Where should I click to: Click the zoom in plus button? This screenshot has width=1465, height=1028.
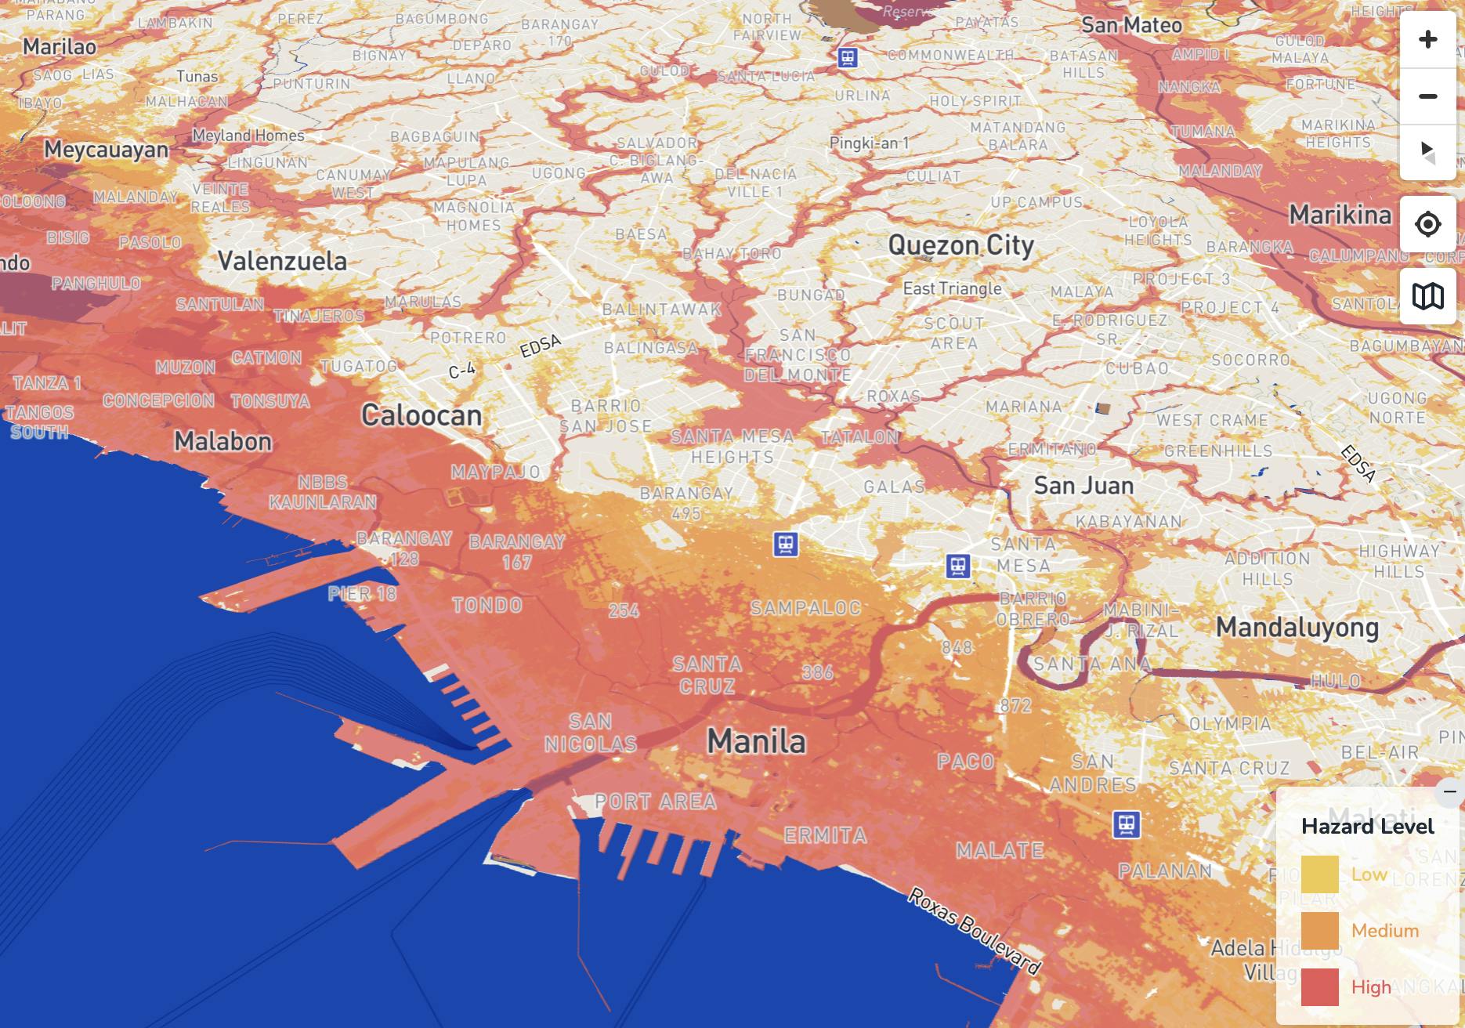(1427, 39)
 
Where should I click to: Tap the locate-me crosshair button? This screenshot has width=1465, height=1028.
(1427, 225)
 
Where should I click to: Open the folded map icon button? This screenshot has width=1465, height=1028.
(1427, 296)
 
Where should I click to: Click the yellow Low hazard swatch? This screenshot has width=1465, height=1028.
(1319, 874)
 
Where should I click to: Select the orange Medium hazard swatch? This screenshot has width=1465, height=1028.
(1319, 931)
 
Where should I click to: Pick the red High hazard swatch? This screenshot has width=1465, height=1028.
(1319, 986)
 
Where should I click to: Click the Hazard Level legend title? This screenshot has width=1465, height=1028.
(1367, 826)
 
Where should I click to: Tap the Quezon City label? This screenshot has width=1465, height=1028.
(960, 245)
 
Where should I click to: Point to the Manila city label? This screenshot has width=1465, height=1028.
(756, 741)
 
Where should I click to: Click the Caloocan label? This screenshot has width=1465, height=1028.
(421, 415)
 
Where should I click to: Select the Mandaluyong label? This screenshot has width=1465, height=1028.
(1297, 628)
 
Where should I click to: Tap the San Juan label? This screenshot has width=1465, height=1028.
(1083, 486)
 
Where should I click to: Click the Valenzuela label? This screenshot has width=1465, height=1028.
(282, 261)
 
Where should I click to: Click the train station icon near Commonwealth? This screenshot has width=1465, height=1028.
(847, 57)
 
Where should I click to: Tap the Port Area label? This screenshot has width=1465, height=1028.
(656, 802)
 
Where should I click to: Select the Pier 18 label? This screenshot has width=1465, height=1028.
(362, 594)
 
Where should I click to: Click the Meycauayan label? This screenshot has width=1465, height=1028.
(106, 149)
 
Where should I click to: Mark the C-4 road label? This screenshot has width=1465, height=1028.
(461, 371)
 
